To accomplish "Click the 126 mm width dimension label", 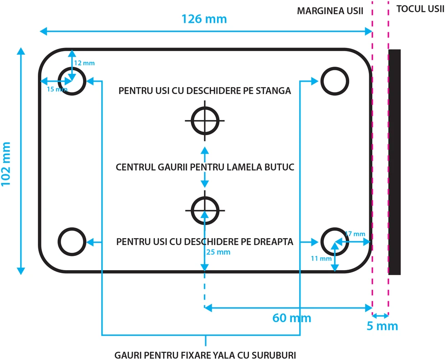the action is (x=204, y=19).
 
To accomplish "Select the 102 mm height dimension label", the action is (x=5, y=164).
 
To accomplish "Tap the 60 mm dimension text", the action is (x=292, y=318).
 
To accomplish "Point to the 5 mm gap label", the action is (x=382, y=326).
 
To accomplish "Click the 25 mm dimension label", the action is (x=218, y=252).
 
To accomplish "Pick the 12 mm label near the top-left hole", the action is (x=84, y=63).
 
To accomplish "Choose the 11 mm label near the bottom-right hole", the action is (x=321, y=259).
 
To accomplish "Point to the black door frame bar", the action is (x=394, y=162).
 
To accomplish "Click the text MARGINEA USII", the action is (x=330, y=11).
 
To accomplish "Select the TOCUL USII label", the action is (x=420, y=9).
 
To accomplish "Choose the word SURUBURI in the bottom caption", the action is (x=274, y=355).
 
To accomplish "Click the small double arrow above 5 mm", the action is (x=380, y=315).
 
